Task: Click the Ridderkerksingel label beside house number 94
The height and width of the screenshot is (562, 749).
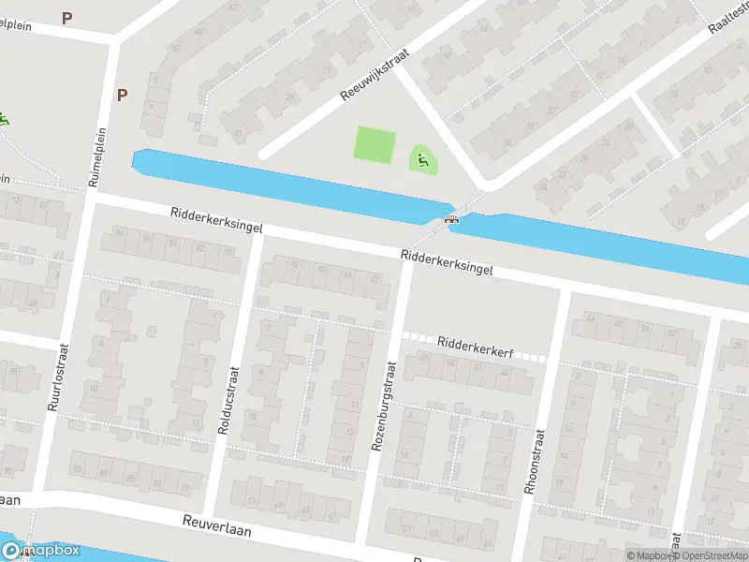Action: coord(216,221)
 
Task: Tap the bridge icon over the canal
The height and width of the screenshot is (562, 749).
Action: coord(452,219)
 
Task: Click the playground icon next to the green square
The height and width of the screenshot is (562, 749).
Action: coord(422,159)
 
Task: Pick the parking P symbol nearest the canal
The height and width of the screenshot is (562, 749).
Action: coord(122,95)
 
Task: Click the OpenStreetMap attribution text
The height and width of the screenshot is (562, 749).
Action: coord(712,555)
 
